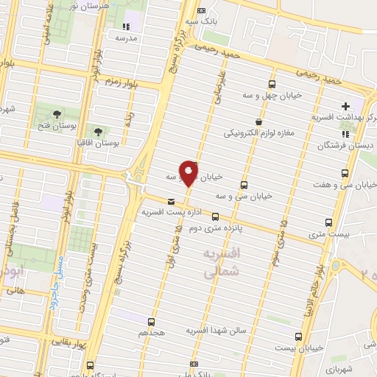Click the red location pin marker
pyautogui.click(x=188, y=173)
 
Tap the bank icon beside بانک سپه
pyautogui.click(x=202, y=11)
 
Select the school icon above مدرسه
pyautogui.click(x=123, y=27)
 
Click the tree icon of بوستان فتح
pyautogui.click(x=56, y=112)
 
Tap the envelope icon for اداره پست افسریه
pyautogui.click(x=172, y=201)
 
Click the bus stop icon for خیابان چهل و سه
pyautogui.click(x=273, y=84)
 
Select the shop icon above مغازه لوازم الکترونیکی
pyautogui.click(x=258, y=122)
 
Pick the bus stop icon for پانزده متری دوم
pyautogui.click(x=215, y=216)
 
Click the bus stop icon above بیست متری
pyautogui.click(x=328, y=222)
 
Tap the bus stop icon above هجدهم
pyautogui.click(x=151, y=322)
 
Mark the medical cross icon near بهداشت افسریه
pyautogui.click(x=345, y=108)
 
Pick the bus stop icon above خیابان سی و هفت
pyautogui.click(x=345, y=173)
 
